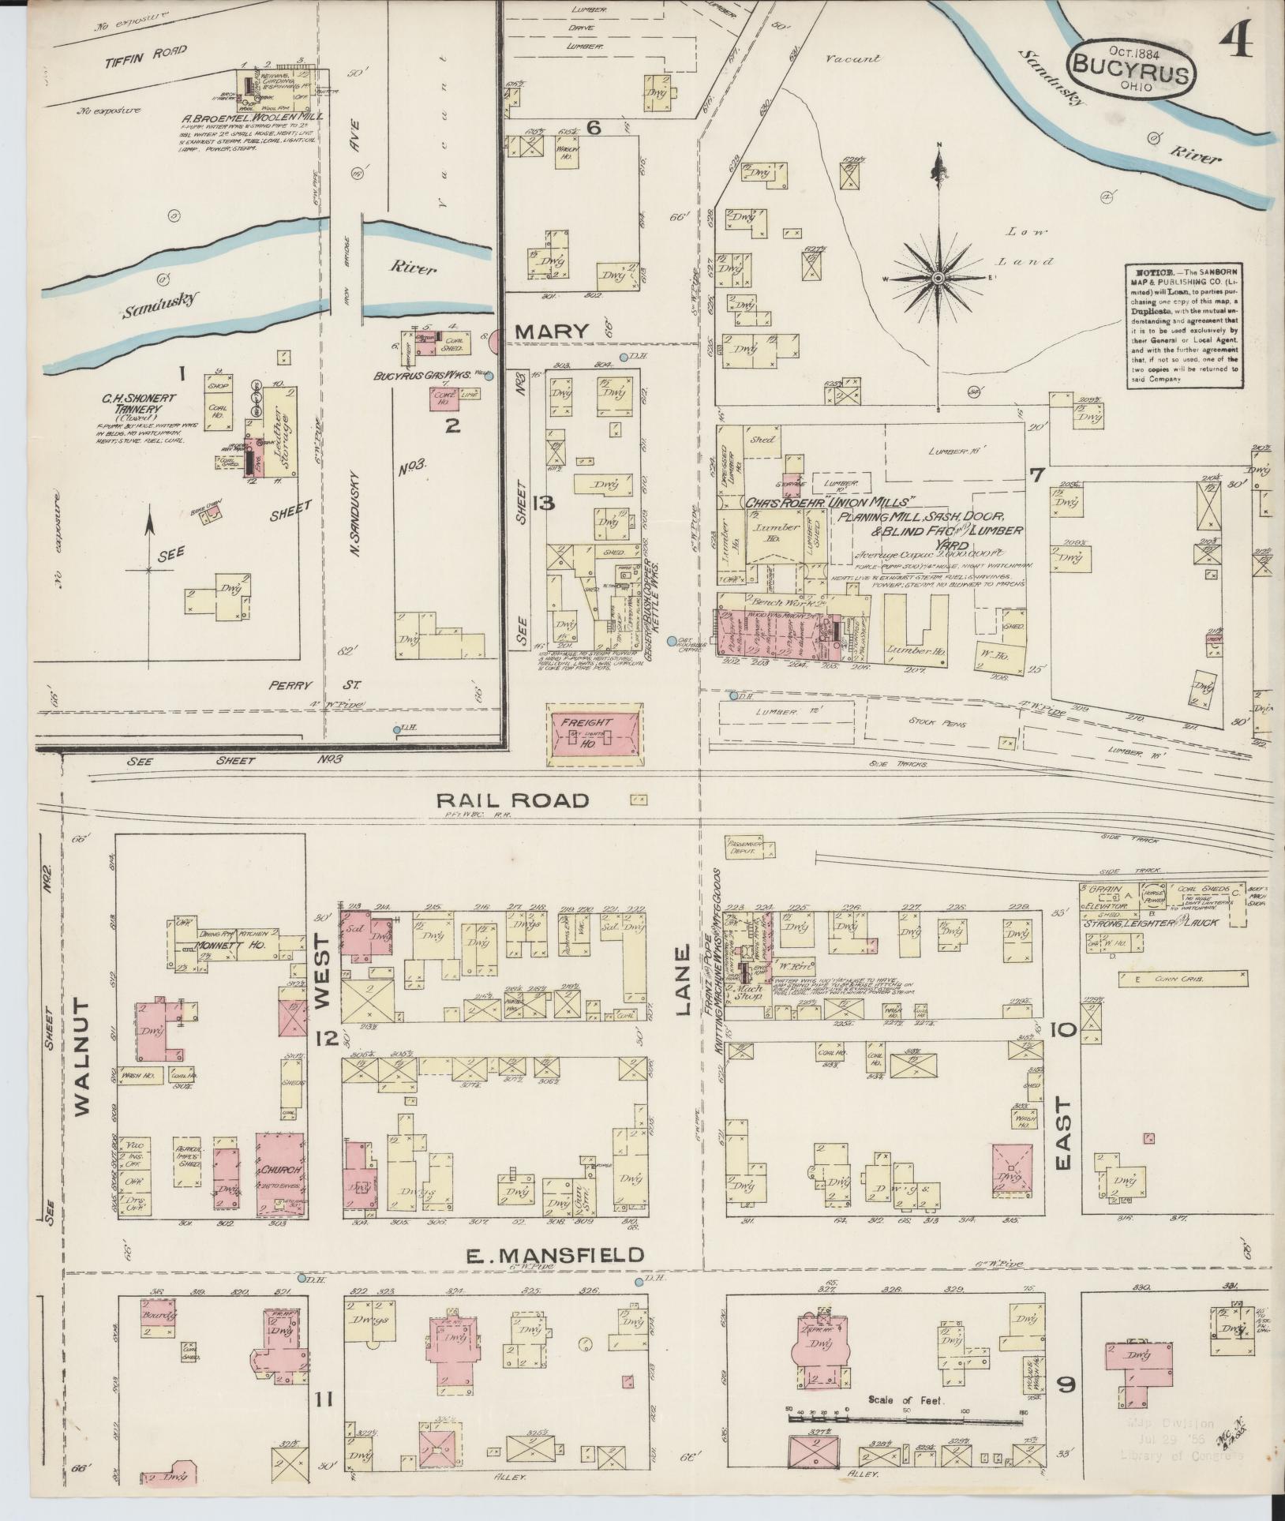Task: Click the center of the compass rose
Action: (938, 279)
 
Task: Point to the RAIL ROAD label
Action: (513, 800)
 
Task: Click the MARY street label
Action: (552, 332)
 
